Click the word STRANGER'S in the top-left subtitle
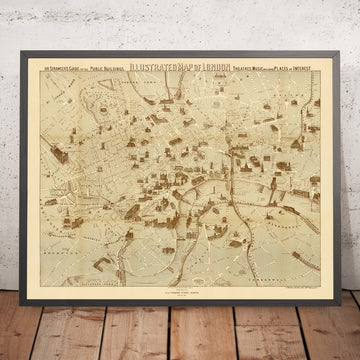pos(69,71)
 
